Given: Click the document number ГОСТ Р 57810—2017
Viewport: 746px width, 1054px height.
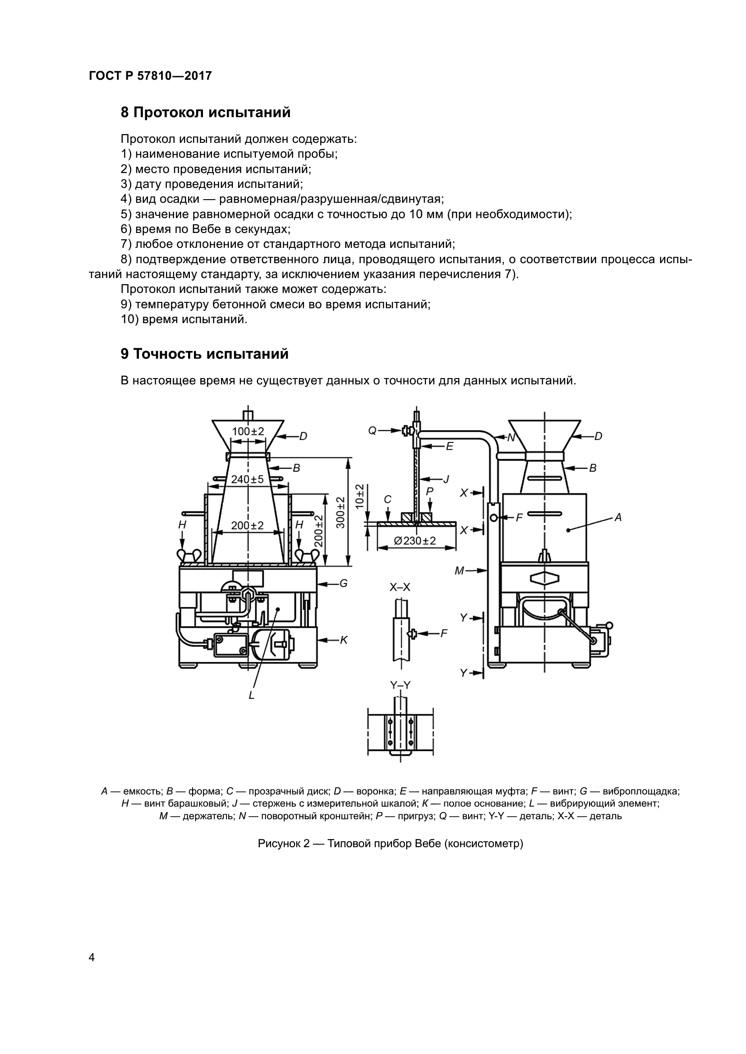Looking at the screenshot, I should click(x=150, y=76).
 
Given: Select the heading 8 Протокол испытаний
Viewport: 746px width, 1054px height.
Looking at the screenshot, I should click(x=205, y=113).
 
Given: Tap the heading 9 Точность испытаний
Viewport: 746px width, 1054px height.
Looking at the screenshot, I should click(x=204, y=354).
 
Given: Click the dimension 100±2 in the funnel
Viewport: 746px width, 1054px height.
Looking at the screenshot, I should click(x=248, y=432).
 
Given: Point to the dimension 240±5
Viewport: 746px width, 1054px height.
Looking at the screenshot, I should click(x=247, y=479).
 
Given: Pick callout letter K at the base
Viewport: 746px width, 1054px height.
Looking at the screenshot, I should click(x=343, y=639).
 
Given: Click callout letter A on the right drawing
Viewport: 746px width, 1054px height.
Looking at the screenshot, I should click(x=618, y=517).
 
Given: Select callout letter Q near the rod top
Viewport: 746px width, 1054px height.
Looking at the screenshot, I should click(x=372, y=431).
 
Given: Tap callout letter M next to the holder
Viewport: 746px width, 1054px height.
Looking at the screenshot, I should click(x=460, y=571).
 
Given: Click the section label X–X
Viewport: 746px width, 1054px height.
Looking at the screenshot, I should click(x=400, y=587).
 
